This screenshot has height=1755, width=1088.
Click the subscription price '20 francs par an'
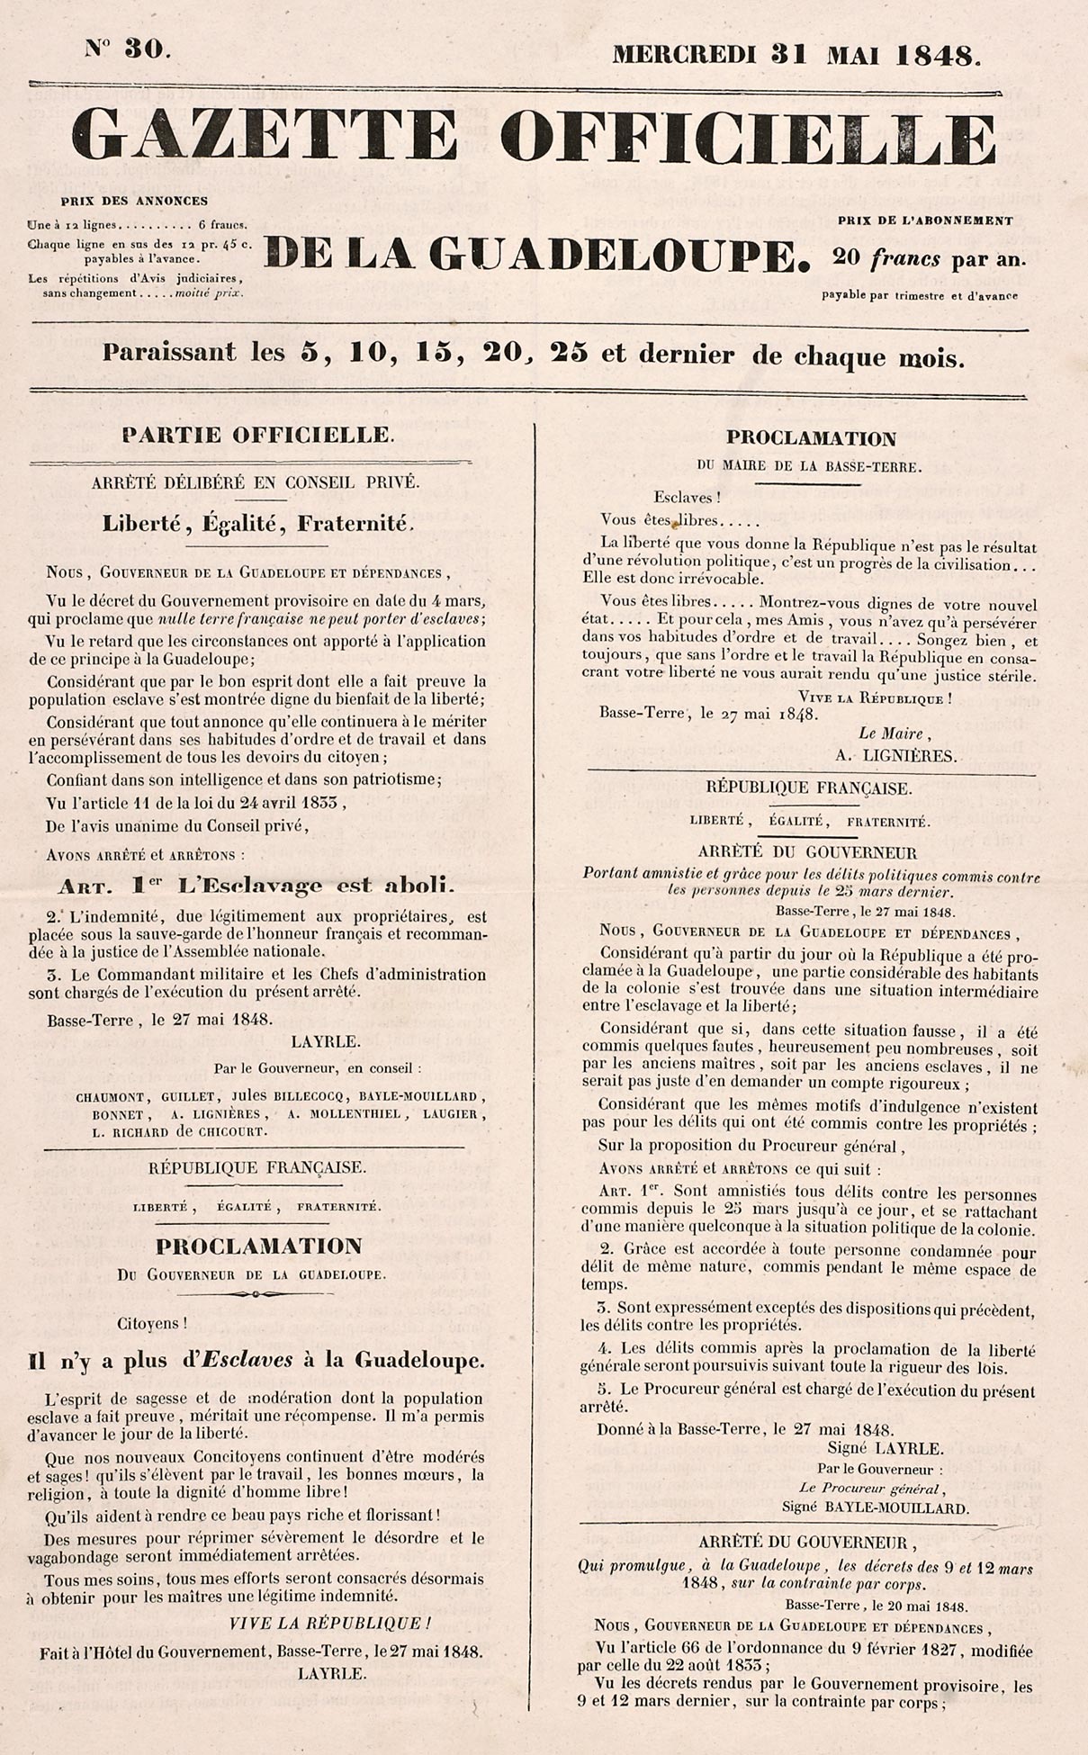(929, 259)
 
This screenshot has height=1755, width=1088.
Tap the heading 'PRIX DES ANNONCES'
(134, 201)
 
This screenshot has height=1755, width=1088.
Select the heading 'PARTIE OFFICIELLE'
(257, 435)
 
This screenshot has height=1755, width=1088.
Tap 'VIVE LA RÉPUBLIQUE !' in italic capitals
(329, 1623)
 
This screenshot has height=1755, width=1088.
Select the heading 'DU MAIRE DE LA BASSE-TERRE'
(810, 466)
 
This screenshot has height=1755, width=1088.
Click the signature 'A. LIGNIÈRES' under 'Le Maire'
(895, 756)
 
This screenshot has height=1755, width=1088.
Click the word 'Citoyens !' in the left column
(152, 1324)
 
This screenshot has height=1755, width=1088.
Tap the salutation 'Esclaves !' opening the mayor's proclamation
(687, 497)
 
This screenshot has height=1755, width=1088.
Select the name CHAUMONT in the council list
(112, 1097)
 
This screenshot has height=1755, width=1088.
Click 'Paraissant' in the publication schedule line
(169, 353)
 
